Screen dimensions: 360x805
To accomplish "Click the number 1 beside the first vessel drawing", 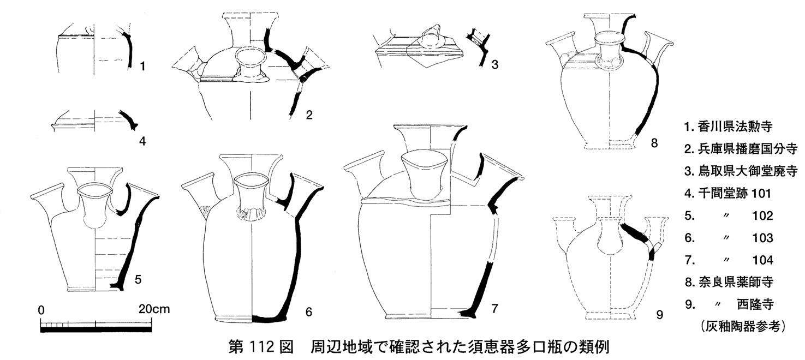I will pos(142,67).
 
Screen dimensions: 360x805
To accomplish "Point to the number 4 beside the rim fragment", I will pos(142,141).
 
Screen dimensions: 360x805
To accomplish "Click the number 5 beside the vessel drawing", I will pos(138,279).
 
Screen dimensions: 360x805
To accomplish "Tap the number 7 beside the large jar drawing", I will pos(494,309).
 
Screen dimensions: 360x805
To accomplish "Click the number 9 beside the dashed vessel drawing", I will pos(659,315).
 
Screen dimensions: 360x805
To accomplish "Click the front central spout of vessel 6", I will pos(251,196).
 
